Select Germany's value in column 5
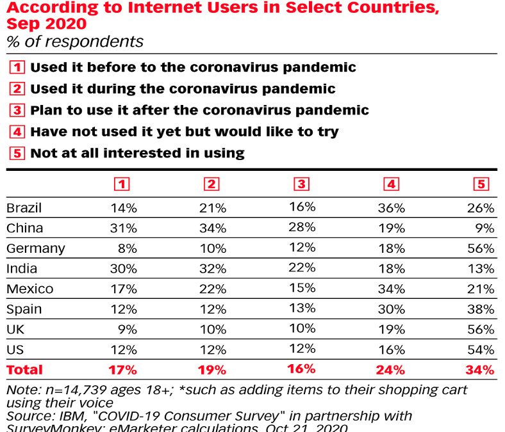coord(481,248)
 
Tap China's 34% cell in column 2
coord(213,228)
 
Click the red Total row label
coord(24,369)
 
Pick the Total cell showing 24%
coord(391,369)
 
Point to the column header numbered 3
coord(302,184)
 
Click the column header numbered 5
coord(481,184)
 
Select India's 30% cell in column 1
coord(124,268)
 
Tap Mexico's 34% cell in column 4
coord(391,289)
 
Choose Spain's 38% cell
coord(481,309)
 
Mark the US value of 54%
coord(481,349)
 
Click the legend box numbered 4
coord(18,132)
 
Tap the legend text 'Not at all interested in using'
coord(137,153)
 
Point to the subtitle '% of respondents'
coord(75,42)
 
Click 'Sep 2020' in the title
coord(47,24)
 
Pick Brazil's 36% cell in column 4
coord(391,208)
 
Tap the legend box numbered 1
coord(18,67)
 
